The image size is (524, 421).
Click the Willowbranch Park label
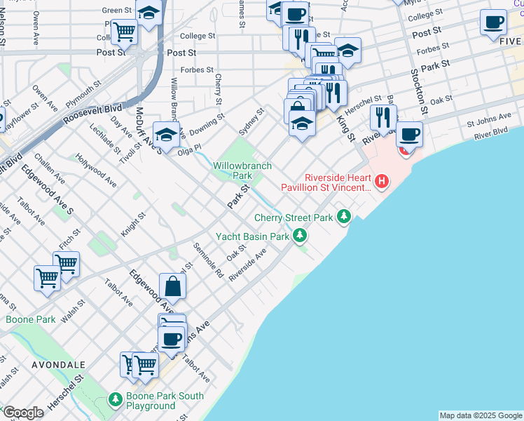coord(233,171)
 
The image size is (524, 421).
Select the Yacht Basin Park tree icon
coord(300,235)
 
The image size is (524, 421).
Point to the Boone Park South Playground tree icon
coord(116,399)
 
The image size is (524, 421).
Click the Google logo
coord(23,413)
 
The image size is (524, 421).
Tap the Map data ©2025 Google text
coord(481,415)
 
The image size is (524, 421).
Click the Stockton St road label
coord(423,91)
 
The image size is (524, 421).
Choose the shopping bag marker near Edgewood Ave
coord(172,287)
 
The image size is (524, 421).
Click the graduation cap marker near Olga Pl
coord(167,133)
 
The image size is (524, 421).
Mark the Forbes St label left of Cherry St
coord(197,70)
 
